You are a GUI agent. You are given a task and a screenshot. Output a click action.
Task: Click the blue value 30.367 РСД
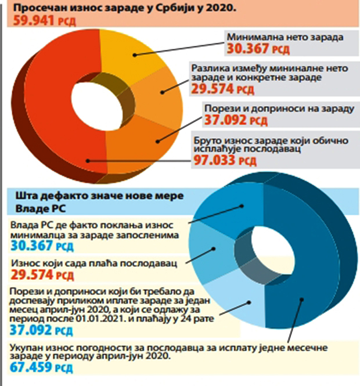40,247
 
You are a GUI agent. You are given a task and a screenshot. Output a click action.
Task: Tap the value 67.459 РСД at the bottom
40,367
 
